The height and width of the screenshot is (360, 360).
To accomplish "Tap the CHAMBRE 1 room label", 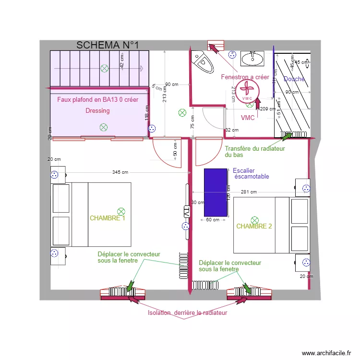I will click(x=107, y=218).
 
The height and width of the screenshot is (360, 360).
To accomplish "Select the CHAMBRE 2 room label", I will click(x=254, y=226).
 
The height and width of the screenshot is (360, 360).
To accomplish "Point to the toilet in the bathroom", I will click(x=203, y=62).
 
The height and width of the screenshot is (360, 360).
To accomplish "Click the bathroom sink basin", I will click(x=252, y=59).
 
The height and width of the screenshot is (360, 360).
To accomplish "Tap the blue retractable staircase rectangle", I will click(x=216, y=192).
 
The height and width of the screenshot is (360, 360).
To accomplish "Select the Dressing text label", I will click(x=97, y=110).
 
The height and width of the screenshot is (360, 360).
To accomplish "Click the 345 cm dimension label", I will click(x=120, y=172).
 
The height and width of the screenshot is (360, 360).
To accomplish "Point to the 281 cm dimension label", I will click(x=249, y=192).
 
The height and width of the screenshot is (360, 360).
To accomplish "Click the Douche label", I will click(x=294, y=79).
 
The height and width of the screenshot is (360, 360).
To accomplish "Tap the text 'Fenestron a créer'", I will click(x=245, y=77).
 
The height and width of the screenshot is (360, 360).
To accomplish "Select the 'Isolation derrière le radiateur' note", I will click(x=187, y=313).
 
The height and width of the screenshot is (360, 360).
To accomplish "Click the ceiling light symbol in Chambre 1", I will click(x=121, y=211).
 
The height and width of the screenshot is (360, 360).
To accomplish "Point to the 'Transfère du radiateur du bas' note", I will click(x=254, y=152).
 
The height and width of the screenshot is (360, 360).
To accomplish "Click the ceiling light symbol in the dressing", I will click(x=103, y=127).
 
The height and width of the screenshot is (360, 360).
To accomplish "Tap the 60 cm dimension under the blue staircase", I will click(x=212, y=220).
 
